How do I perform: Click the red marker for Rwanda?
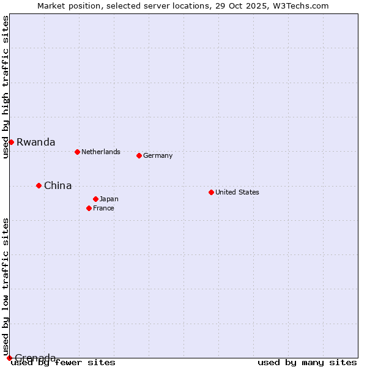coord(11,142)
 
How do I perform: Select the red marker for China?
coord(39,185)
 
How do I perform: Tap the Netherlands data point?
coord(77,152)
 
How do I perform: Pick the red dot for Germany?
coord(139,155)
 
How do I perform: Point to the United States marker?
coord(211,192)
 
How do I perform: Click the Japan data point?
coord(95,199)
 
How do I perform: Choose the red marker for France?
coord(89,208)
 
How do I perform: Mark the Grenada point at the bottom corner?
coord(9,358)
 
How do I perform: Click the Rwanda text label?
coord(35,142)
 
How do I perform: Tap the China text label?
coord(57,185)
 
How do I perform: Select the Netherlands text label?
coord(100,152)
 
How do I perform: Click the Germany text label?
coord(158,155)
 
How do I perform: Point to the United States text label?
coord(237,192)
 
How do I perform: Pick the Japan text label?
coord(109,199)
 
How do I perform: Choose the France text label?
coord(103,208)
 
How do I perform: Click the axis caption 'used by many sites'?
coord(307,363)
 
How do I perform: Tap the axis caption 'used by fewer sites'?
coord(64,363)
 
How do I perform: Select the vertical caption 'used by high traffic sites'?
coord(6,87)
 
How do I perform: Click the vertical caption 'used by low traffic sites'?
coord(6,287)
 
